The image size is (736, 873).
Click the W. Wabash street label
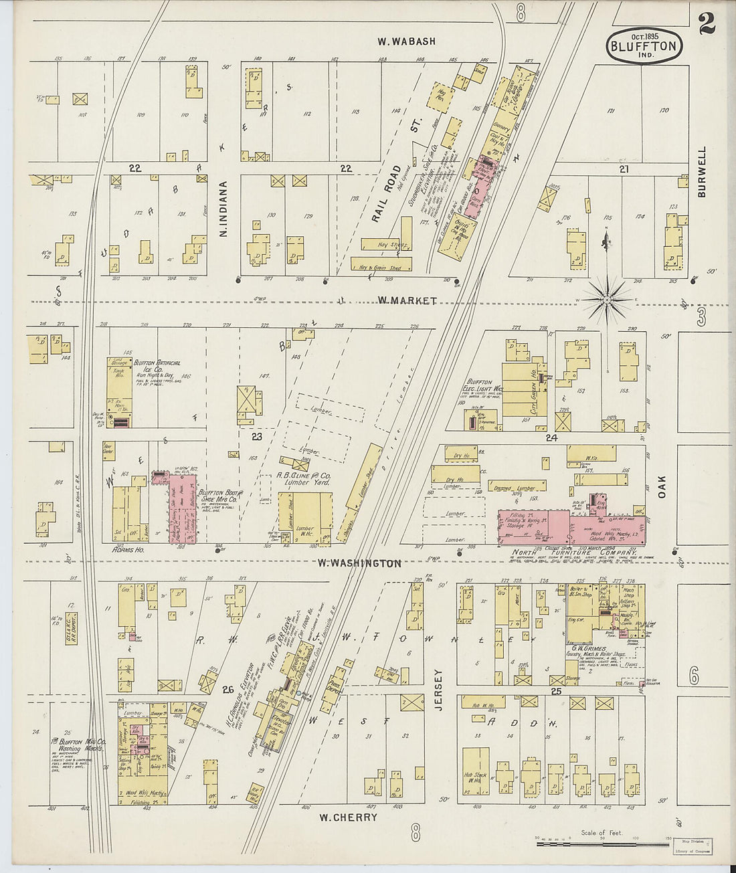tap(406, 41)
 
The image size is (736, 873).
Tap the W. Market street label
tap(407, 301)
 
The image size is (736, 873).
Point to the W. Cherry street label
tap(348, 817)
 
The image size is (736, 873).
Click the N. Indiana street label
tap(224, 209)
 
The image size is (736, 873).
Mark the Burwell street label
tap(701, 172)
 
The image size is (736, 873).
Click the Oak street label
tap(662, 486)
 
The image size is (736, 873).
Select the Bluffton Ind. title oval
tap(644, 45)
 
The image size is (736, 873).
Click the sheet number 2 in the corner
tap(706, 23)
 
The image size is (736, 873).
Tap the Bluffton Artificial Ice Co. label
tap(157, 367)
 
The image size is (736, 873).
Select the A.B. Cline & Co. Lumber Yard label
tap(303, 480)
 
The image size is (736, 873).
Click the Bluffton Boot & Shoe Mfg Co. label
tap(219, 496)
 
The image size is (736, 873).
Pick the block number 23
tap(256, 437)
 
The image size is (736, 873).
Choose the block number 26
tap(228, 690)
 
